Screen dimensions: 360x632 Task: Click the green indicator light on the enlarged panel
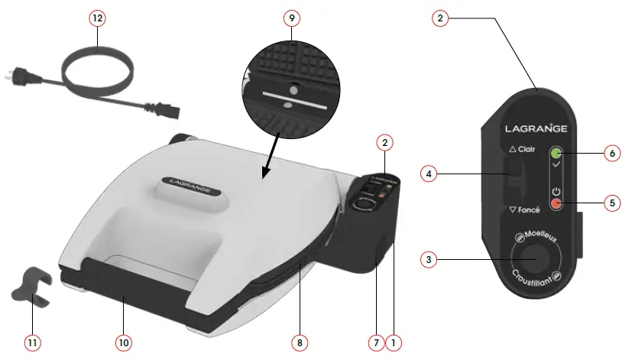coord(556,153)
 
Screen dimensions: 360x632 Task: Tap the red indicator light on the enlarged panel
coord(556,204)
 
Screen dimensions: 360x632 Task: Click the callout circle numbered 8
coord(298,343)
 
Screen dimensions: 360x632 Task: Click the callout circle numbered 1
coord(394,343)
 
